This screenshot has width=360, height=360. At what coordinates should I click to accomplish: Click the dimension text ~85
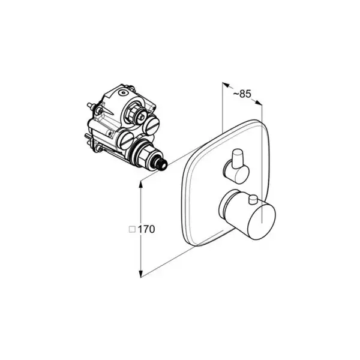point(242,94)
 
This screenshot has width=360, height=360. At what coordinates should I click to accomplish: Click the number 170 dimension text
point(146,229)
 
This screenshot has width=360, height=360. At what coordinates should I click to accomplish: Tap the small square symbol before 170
point(132,229)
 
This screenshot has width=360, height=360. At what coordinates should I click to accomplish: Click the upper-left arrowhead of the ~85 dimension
point(226,85)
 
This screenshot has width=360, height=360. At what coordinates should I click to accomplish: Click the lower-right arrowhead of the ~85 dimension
point(259,103)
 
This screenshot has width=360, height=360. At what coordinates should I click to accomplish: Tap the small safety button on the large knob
point(253,200)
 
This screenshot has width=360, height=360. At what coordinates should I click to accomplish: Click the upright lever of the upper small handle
point(237,159)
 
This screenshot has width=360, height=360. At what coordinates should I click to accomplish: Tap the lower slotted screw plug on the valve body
point(125,140)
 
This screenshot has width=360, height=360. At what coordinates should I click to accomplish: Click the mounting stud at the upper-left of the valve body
point(91,106)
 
